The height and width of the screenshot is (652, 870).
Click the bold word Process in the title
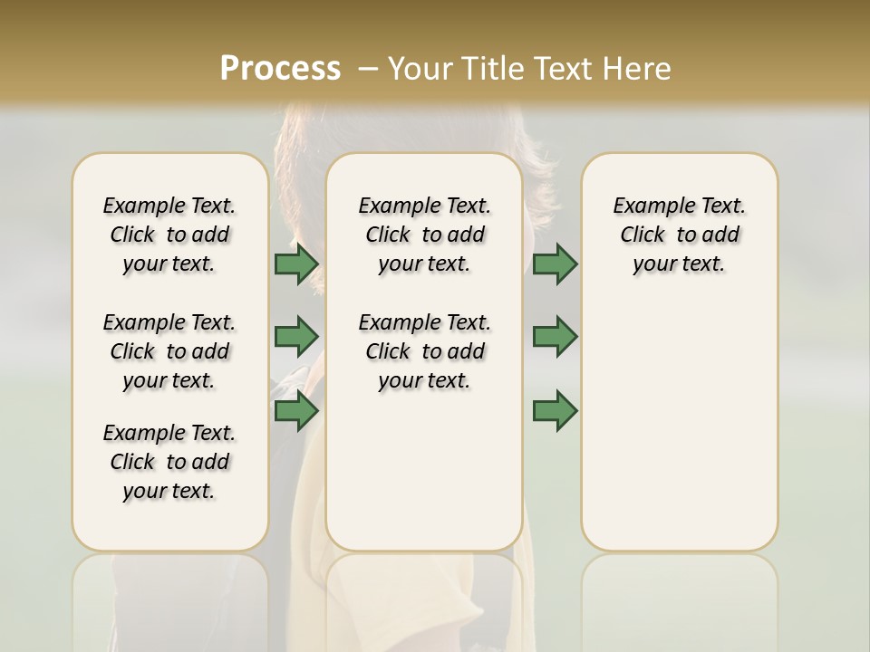pos(280,69)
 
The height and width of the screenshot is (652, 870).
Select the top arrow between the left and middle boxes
pos(296,264)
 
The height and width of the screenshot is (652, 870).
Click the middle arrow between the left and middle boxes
pos(296,337)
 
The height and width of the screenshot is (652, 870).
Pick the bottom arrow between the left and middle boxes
pos(296,411)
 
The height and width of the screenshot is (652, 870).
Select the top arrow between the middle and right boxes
pos(555,264)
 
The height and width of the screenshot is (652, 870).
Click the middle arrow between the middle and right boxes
pos(555,337)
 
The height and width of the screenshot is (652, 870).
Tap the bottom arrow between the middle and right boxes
pos(555,411)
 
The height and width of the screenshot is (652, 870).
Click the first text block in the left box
pos(169,235)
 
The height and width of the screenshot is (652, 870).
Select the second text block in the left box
pos(169,351)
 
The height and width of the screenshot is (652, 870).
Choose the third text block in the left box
pos(169,462)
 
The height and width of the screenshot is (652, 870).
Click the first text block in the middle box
pos(424,235)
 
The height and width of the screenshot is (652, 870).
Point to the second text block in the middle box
pos(424,351)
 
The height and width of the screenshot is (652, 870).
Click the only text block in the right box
pos(680,235)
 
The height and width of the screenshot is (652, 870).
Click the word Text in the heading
pos(565,69)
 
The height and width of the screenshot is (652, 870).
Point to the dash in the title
pos(368,69)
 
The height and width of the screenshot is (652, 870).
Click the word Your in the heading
pos(421,69)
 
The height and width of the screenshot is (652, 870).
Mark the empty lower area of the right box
pos(680,426)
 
